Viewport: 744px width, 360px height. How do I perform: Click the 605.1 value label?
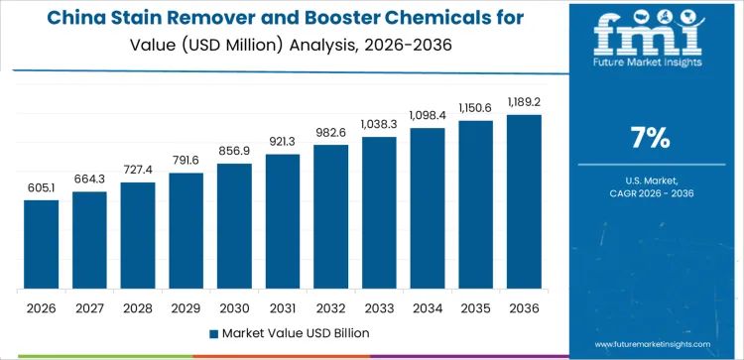tap(42, 187)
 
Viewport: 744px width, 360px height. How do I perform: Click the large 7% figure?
tap(651, 138)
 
